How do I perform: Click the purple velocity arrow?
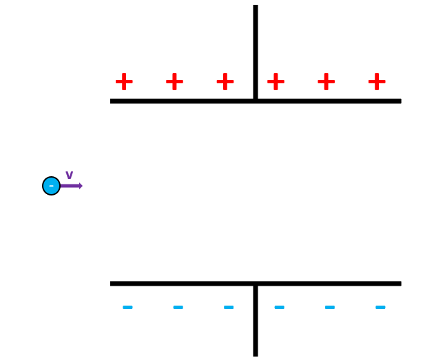tap(71, 186)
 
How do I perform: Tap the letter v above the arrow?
tap(69, 176)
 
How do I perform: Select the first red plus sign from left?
tap(124, 82)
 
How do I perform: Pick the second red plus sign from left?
tap(174, 82)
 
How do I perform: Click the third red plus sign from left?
tap(225, 82)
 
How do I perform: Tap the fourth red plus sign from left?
tap(276, 82)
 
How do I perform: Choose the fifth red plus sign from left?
tap(326, 82)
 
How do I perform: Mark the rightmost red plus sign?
tap(377, 82)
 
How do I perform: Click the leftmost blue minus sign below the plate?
tap(127, 307)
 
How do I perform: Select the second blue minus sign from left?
tap(178, 307)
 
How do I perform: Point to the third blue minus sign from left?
tap(229, 307)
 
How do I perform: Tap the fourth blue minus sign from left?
tap(279, 307)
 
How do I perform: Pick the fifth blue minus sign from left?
tap(329, 307)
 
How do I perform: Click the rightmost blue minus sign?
tap(380, 307)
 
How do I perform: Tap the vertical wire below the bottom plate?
tap(256, 324)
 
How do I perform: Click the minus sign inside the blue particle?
tap(51, 186)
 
